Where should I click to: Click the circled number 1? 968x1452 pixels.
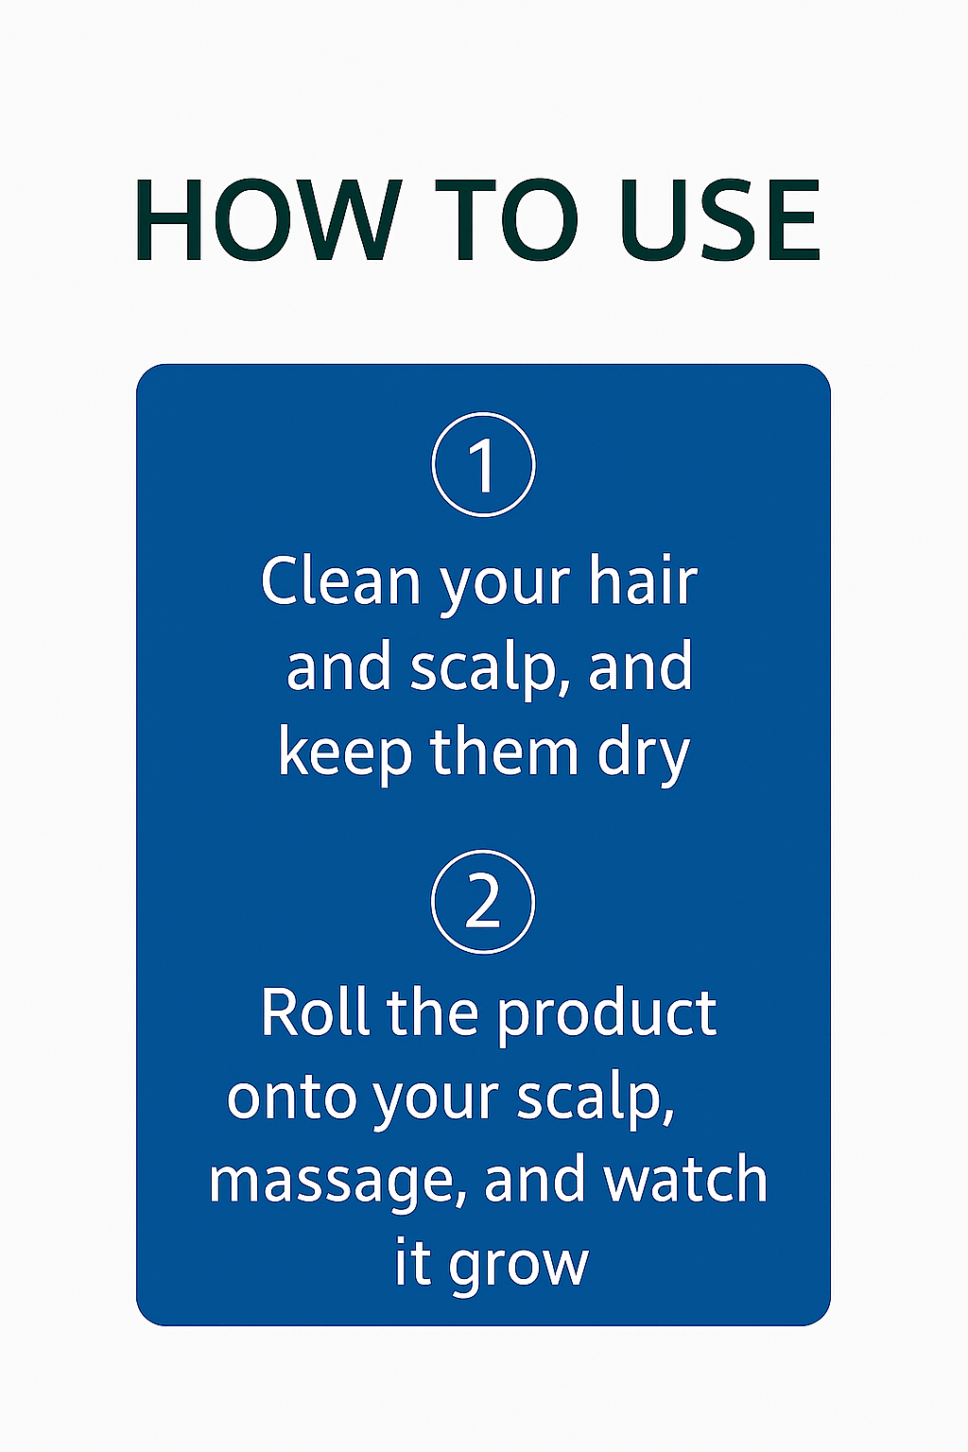pos(483,465)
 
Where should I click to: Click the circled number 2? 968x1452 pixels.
pos(483,902)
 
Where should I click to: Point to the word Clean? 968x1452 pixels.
pos(340,581)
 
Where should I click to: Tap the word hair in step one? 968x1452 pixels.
pos(643,581)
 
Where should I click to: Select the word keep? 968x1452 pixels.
pos(345,754)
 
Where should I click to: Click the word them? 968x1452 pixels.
pos(504,752)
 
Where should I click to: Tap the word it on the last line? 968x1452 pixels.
pos(412,1262)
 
